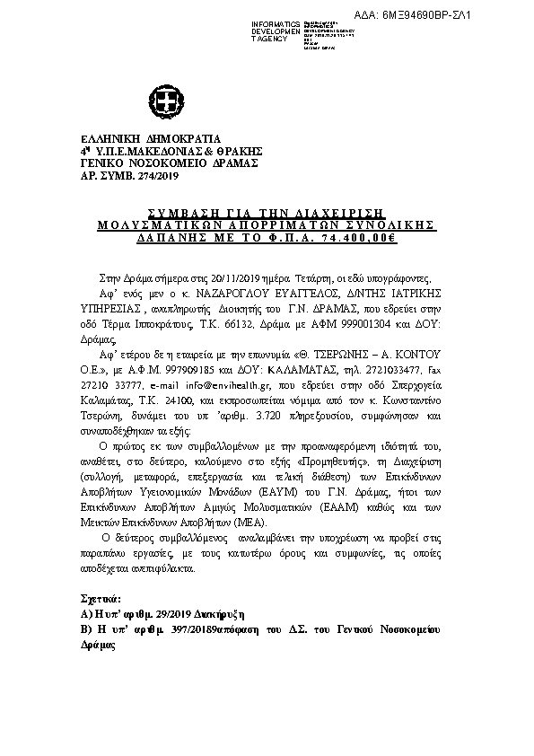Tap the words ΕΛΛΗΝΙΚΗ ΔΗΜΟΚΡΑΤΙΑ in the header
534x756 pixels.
[x=144, y=139]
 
